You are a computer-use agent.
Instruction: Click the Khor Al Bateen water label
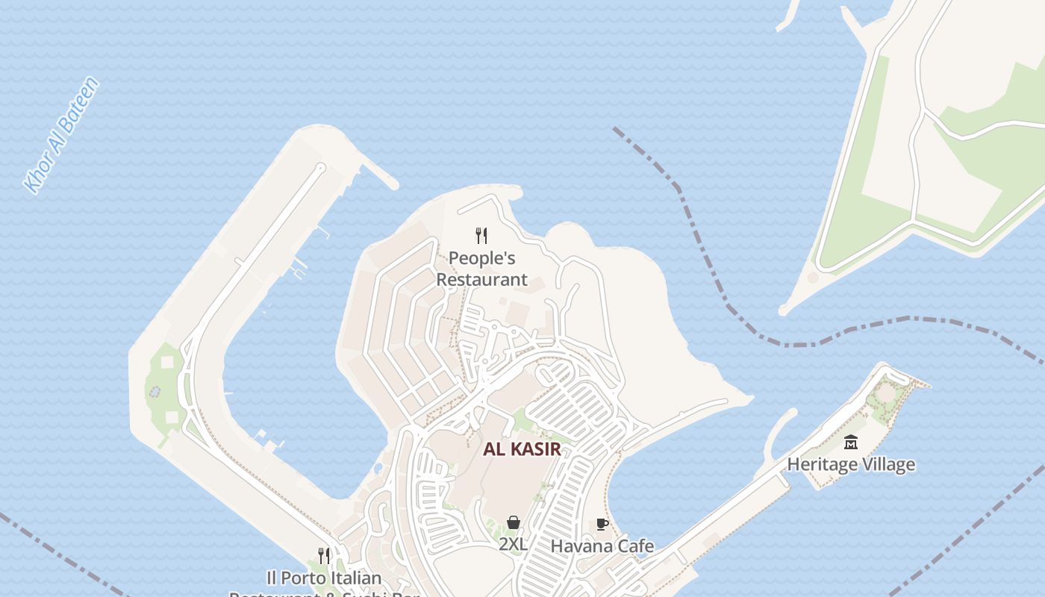[x=62, y=135]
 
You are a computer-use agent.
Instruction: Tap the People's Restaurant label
[x=481, y=269]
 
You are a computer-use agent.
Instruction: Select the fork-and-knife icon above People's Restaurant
[x=481, y=236]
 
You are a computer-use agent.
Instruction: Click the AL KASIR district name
[x=522, y=449]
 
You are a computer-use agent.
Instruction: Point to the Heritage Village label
[x=851, y=464]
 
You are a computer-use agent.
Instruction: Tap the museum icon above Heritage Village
[x=851, y=443]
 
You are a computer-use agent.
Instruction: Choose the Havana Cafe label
[x=602, y=546]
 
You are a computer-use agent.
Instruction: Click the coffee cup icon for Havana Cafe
[x=602, y=525]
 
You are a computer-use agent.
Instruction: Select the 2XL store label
[x=514, y=545]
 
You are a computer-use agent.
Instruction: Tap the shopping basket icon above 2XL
[x=514, y=522]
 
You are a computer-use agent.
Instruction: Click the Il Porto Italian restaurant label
[x=324, y=579]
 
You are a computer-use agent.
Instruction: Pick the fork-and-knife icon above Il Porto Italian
[x=324, y=556]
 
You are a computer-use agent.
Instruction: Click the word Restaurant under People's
[x=481, y=280]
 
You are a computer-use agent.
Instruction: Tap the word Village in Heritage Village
[x=887, y=464]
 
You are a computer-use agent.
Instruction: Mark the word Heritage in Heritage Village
[x=822, y=464]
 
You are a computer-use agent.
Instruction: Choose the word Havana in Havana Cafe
[x=583, y=546]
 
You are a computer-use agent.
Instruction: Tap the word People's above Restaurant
[x=481, y=258]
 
